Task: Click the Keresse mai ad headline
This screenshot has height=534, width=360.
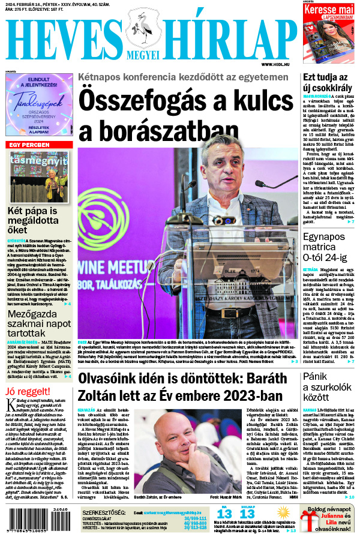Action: click(330, 10)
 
